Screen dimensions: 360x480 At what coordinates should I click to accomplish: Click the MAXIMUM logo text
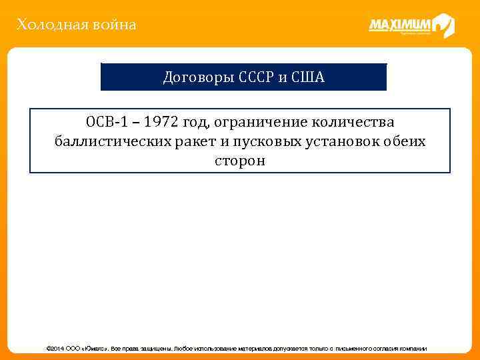click(x=399, y=25)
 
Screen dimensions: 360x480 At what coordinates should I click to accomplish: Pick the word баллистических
click(x=110, y=141)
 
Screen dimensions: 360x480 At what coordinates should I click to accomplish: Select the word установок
click(x=341, y=141)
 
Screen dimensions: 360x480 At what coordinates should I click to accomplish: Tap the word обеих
click(x=406, y=141)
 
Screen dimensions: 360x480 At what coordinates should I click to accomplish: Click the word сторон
click(x=239, y=161)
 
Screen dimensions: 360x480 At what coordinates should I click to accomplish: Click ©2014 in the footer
click(x=54, y=349)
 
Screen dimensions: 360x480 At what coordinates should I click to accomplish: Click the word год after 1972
click(x=196, y=123)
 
